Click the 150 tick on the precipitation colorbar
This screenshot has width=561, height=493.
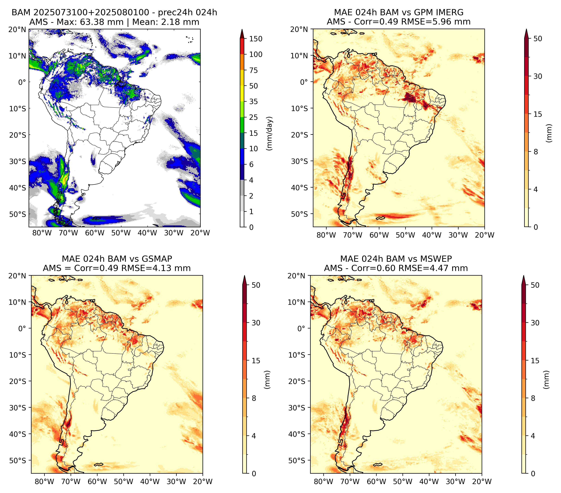[x=255, y=39]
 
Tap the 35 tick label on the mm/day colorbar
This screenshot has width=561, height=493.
[x=253, y=101]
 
